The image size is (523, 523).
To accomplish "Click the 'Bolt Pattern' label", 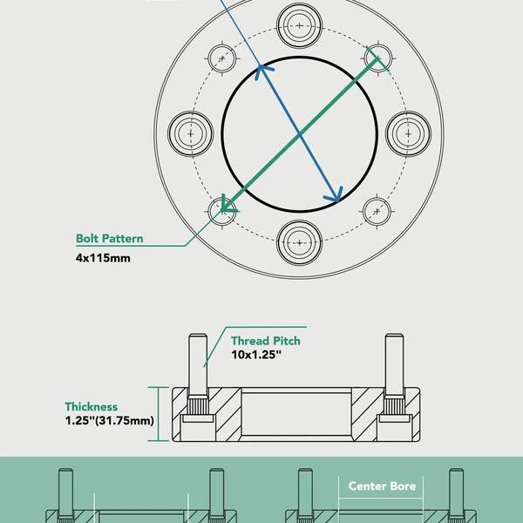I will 109,239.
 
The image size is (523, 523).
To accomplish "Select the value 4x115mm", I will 103,258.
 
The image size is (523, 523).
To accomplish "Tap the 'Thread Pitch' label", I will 265,341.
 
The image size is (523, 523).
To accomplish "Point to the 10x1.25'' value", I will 256,356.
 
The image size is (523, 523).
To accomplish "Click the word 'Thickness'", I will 91,407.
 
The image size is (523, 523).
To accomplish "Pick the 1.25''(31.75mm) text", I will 109,421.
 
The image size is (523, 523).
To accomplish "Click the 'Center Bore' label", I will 382,486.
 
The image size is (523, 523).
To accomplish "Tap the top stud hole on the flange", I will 300,25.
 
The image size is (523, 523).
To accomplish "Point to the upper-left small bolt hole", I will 223,58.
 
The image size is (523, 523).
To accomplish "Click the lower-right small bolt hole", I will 377,210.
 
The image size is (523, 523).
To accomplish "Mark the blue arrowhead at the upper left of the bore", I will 258,70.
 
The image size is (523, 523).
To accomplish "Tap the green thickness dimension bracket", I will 157,414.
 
